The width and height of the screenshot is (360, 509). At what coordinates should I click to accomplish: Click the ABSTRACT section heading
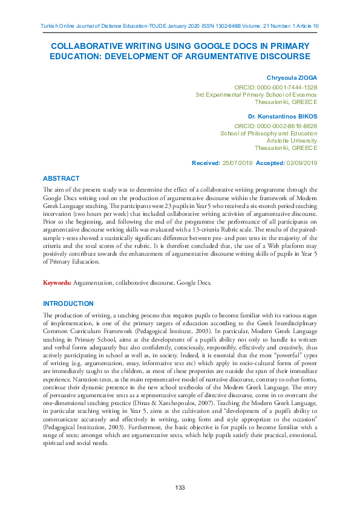(x=61, y=178)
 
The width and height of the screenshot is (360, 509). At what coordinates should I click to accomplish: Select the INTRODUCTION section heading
(x=68, y=303)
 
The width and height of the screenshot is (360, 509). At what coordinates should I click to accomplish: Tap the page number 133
(x=180, y=488)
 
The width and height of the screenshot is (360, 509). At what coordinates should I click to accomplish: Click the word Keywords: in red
(x=57, y=283)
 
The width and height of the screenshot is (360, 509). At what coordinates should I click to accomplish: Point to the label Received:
(x=205, y=163)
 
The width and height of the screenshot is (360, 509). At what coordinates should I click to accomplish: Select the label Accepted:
(x=271, y=163)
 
